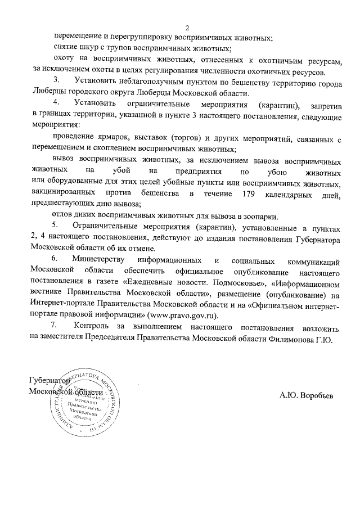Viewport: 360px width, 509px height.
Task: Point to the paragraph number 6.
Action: (55, 260)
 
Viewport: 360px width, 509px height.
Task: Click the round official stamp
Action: (85, 401)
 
